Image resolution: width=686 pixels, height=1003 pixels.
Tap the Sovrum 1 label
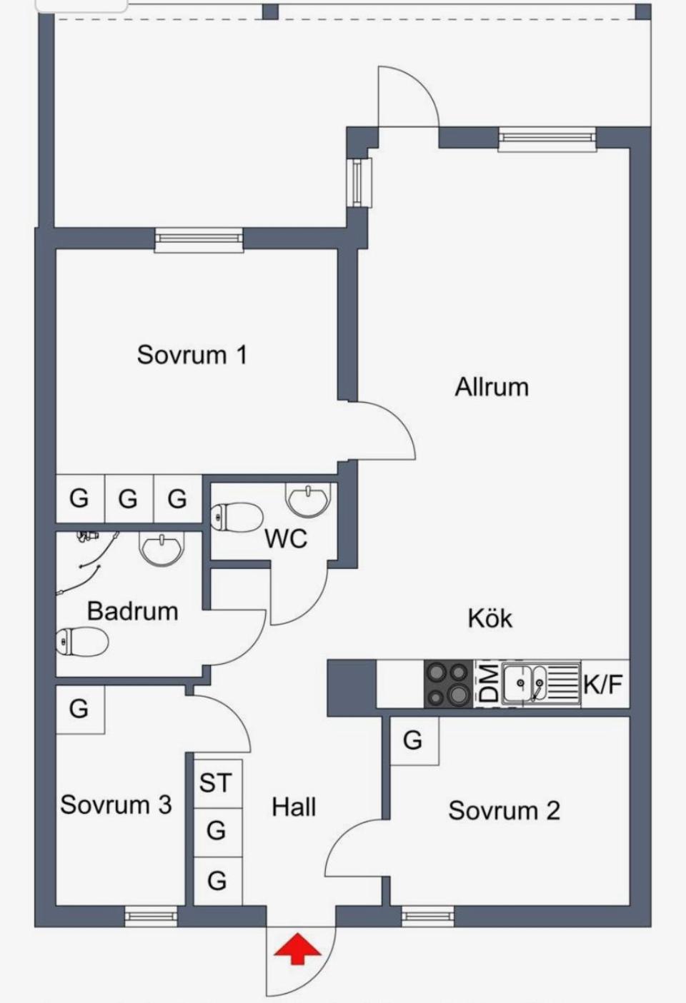point(192,354)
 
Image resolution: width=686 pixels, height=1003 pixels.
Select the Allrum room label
point(492,387)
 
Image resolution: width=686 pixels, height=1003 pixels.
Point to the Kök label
point(490,618)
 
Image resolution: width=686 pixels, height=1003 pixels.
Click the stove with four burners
point(448,684)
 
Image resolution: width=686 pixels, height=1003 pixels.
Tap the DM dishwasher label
point(488,684)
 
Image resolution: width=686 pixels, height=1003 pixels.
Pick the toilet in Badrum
point(81,641)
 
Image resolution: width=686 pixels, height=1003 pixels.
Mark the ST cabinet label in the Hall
point(215,783)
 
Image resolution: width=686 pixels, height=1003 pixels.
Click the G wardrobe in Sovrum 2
point(412,740)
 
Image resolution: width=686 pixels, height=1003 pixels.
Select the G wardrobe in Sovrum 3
point(79,709)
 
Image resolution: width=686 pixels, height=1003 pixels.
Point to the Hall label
point(294,807)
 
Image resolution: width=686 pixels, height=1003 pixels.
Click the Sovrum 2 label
point(504,810)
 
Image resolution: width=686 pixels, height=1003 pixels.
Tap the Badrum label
point(132,611)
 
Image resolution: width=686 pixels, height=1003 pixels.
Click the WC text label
point(286,538)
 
